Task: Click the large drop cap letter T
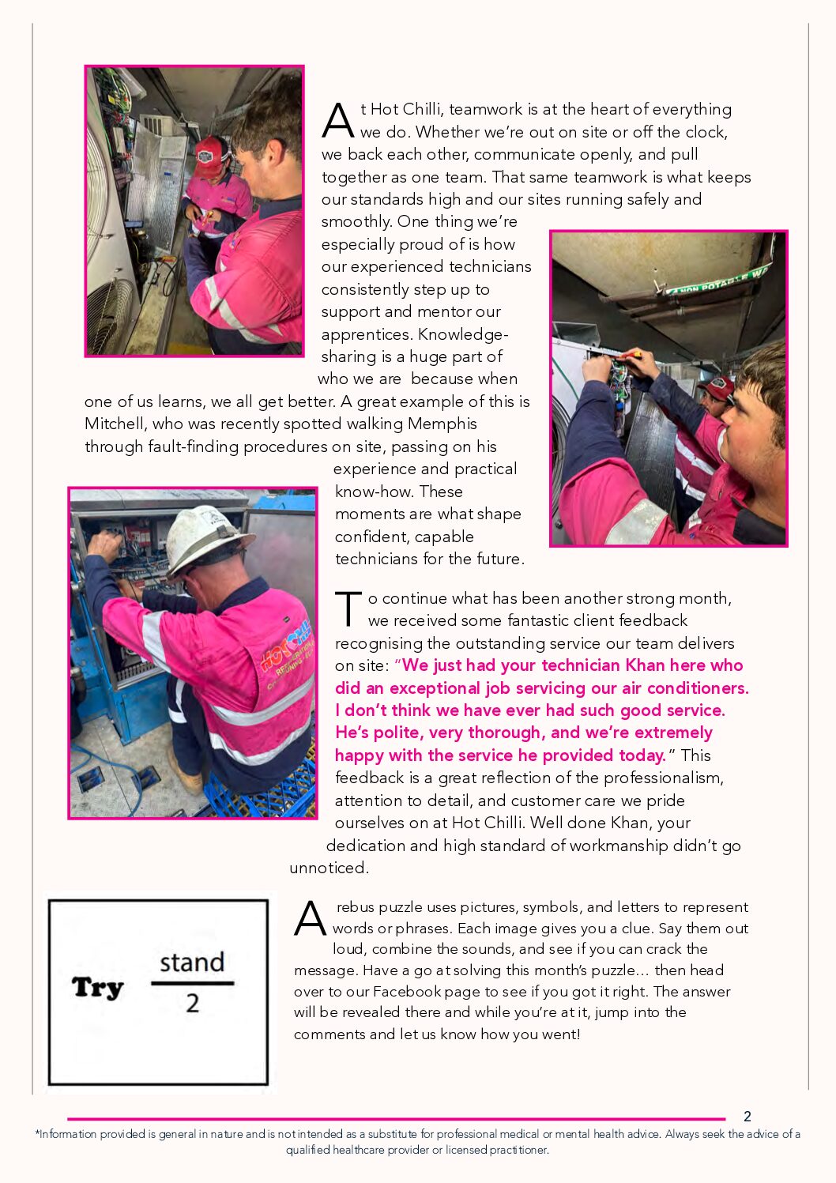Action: [348, 608]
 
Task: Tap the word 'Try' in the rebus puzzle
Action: [98, 988]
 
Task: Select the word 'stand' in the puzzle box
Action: [192, 963]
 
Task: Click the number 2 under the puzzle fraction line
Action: [192, 1004]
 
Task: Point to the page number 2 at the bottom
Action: [748, 1117]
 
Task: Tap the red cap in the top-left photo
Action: [211, 153]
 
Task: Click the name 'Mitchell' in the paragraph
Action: [114, 424]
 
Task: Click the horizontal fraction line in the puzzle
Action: [192, 984]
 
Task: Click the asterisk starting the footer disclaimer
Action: [37, 1133]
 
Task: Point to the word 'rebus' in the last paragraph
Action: [356, 907]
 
